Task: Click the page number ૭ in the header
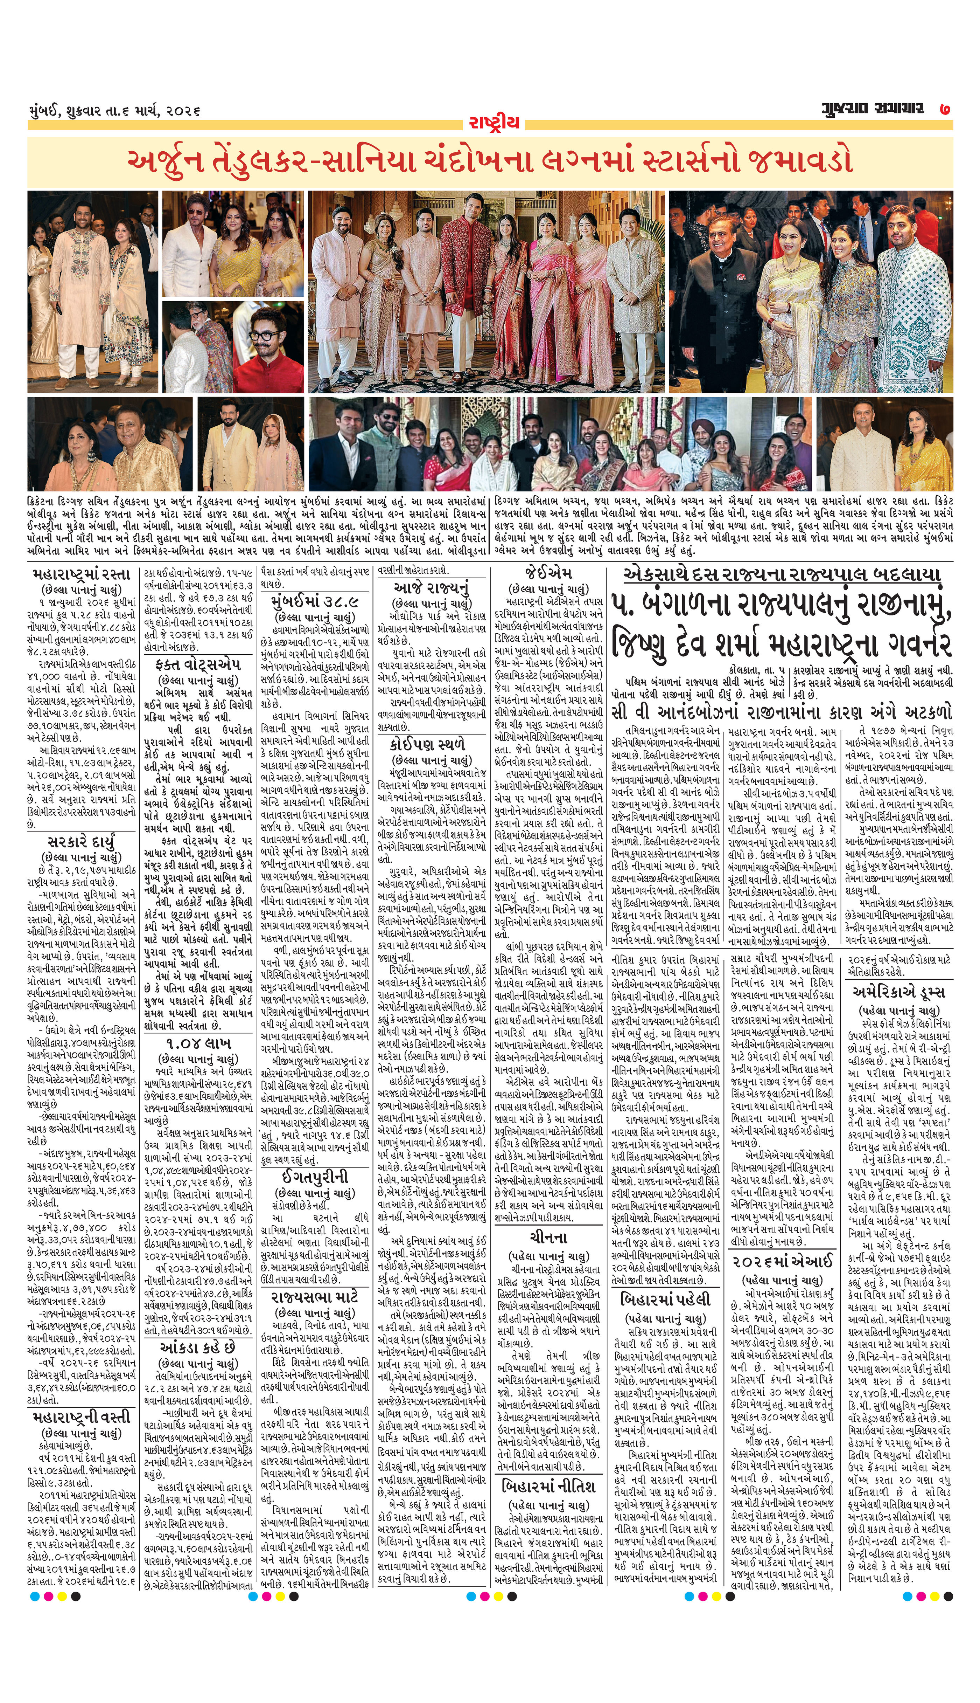click(x=946, y=109)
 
